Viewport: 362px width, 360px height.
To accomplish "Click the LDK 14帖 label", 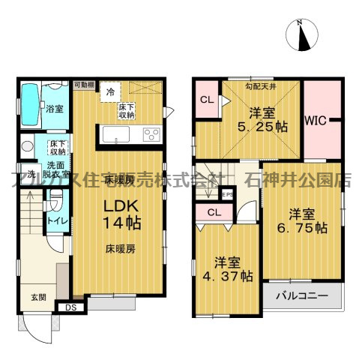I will (x=118, y=213).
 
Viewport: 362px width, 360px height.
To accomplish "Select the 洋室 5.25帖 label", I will (x=267, y=120).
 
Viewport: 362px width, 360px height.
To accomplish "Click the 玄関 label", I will (x=37, y=297).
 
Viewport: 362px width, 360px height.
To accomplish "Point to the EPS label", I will (x=227, y=196).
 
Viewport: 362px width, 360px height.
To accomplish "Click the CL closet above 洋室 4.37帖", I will (x=214, y=212).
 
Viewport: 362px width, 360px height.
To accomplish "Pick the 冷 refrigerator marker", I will (x=110, y=92).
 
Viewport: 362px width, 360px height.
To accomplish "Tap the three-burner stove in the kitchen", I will (x=151, y=134).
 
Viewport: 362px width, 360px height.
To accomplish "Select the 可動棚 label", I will (x=83, y=85).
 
